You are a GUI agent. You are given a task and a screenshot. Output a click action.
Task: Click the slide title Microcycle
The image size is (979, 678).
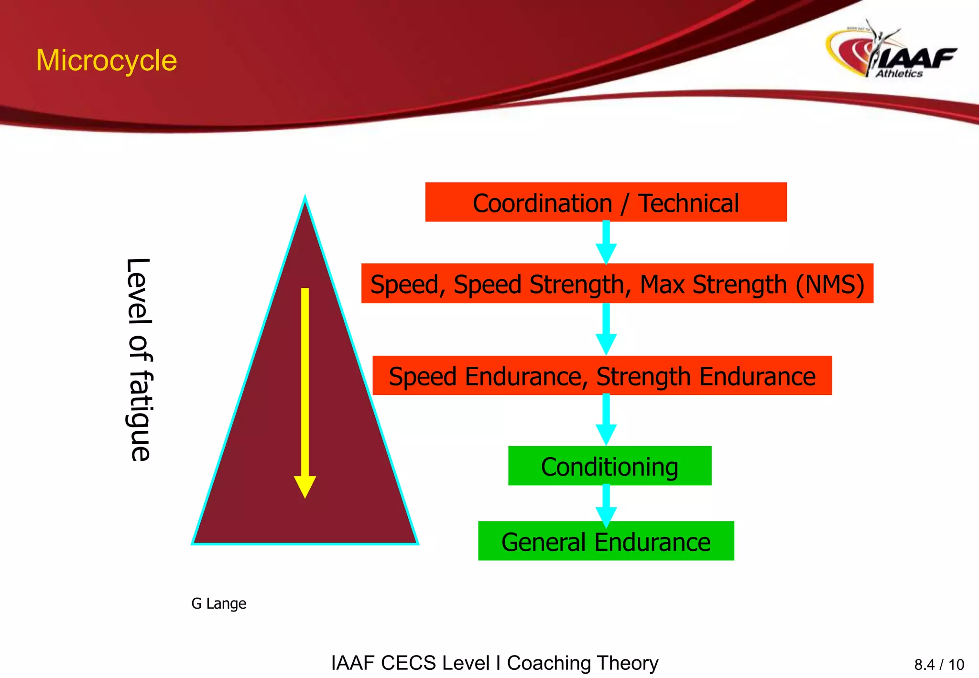(x=106, y=61)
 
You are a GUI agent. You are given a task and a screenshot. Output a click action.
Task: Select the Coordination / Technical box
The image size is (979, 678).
(x=606, y=202)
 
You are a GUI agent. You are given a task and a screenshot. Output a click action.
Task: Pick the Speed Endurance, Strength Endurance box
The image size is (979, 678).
(x=602, y=376)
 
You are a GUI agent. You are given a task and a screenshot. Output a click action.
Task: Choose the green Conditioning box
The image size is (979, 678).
(x=609, y=467)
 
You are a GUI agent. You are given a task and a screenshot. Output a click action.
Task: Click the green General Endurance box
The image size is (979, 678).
(x=606, y=542)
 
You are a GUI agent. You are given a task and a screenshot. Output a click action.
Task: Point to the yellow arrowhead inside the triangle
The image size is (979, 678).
(x=305, y=487)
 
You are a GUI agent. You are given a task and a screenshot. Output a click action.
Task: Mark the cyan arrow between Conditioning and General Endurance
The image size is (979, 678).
(x=606, y=505)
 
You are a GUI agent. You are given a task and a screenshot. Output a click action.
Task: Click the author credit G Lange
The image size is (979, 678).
(x=218, y=603)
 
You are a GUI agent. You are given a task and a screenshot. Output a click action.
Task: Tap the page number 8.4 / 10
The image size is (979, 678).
(x=939, y=665)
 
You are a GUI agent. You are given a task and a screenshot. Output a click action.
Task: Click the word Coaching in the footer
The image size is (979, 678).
(x=549, y=663)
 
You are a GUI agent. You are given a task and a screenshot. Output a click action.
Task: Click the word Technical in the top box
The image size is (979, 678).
(x=689, y=203)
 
